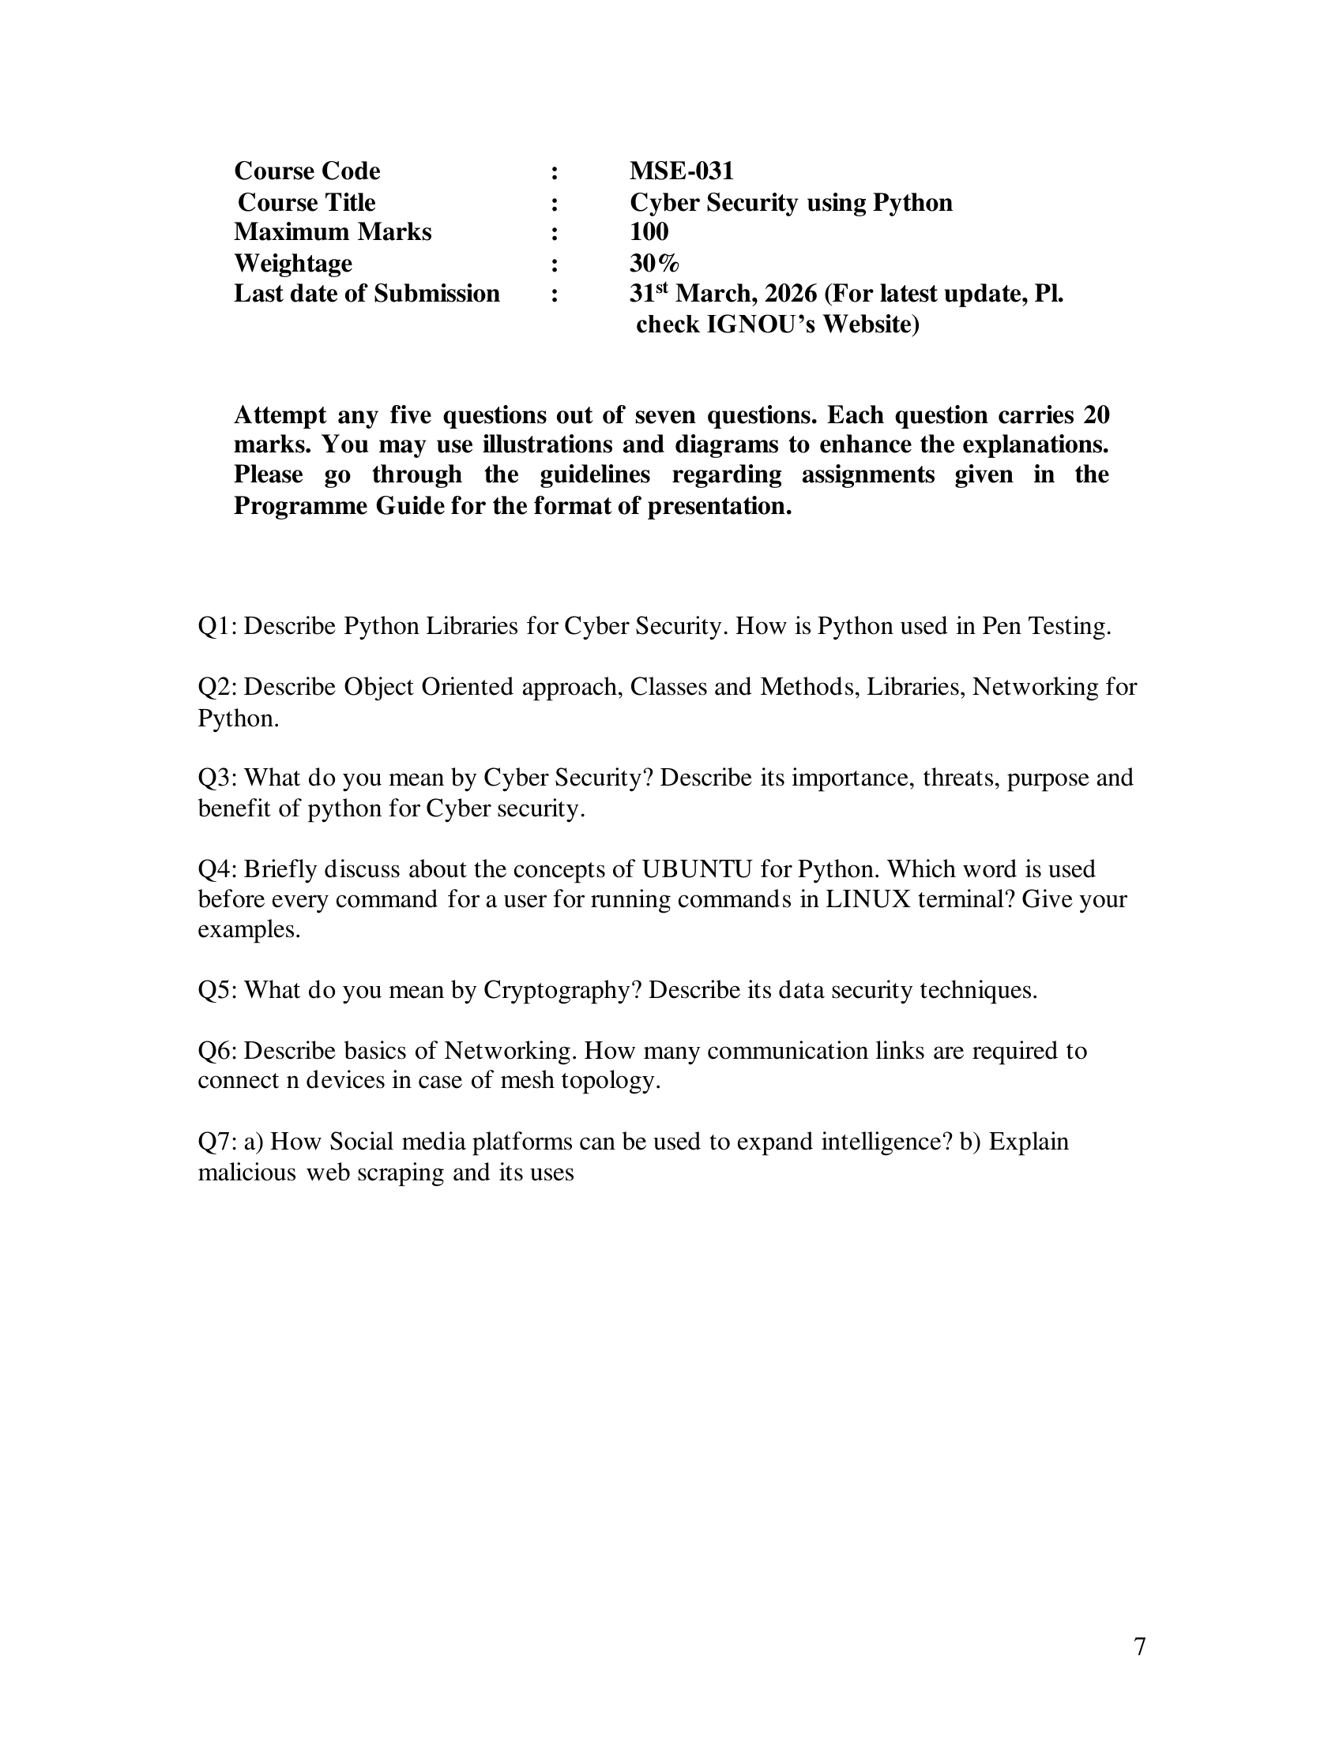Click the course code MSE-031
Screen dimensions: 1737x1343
click(x=681, y=171)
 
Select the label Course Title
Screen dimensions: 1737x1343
click(x=307, y=202)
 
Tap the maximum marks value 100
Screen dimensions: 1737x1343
click(x=649, y=231)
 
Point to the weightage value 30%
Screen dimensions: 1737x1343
click(x=654, y=263)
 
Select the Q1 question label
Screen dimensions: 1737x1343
click(x=216, y=627)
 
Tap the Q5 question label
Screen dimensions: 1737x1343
click(x=216, y=990)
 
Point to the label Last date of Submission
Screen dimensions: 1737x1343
click(x=367, y=294)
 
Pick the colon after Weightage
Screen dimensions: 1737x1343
click(x=554, y=263)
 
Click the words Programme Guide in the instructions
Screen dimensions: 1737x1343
click(x=338, y=506)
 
